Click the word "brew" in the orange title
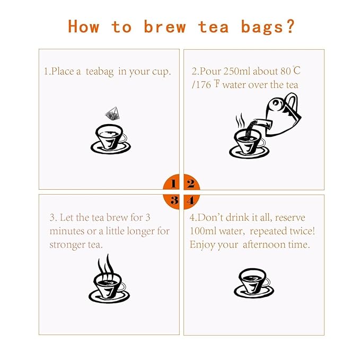(x=164, y=27)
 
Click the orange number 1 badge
(x=172, y=184)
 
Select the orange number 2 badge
(x=191, y=184)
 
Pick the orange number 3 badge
(x=172, y=200)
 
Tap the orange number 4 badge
(x=191, y=200)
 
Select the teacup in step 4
(x=253, y=283)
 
